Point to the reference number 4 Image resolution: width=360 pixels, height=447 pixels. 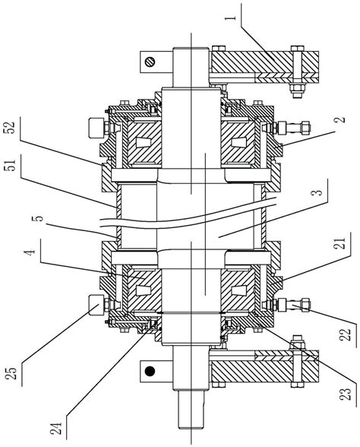tap(31, 251)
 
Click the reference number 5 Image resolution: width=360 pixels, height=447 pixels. tap(39, 218)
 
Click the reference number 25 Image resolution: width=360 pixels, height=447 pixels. tap(11, 372)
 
